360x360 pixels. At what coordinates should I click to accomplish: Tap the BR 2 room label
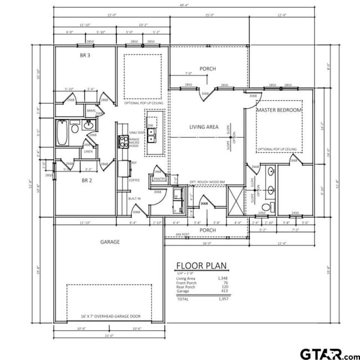point(86,181)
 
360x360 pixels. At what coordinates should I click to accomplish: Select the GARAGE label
point(110,241)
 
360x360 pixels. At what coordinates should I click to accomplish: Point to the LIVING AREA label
point(204,127)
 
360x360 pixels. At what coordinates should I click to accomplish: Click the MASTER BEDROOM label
point(279,110)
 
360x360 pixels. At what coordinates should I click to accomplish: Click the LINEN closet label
point(88,151)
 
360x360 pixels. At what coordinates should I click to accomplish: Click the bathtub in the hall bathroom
point(62,133)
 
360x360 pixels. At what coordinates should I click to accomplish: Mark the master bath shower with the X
point(236,200)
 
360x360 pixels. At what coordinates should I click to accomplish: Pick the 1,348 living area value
point(223,278)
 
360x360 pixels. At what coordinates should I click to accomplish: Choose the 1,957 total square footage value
point(223,299)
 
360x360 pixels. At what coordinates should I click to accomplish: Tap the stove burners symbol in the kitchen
point(122,141)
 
